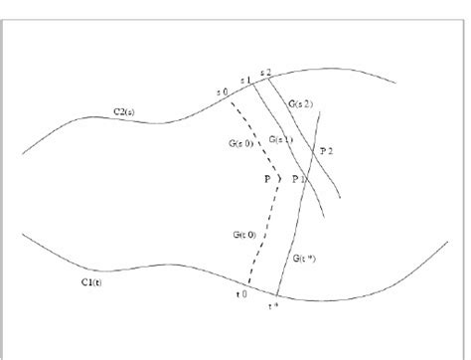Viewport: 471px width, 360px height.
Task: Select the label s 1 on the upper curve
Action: pyautogui.click(x=245, y=79)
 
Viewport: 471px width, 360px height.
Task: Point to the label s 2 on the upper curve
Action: pyautogui.click(x=264, y=73)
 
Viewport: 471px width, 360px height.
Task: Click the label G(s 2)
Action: pyautogui.click(x=302, y=103)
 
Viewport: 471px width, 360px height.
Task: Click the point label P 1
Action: pyautogui.click(x=297, y=178)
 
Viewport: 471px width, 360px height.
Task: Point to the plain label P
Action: pyautogui.click(x=266, y=178)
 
